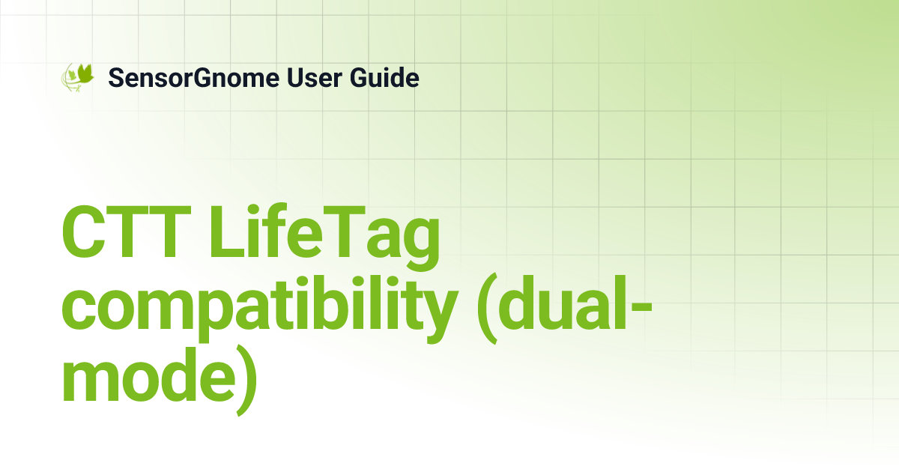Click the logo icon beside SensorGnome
coord(78,76)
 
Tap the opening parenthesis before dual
coord(487,309)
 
